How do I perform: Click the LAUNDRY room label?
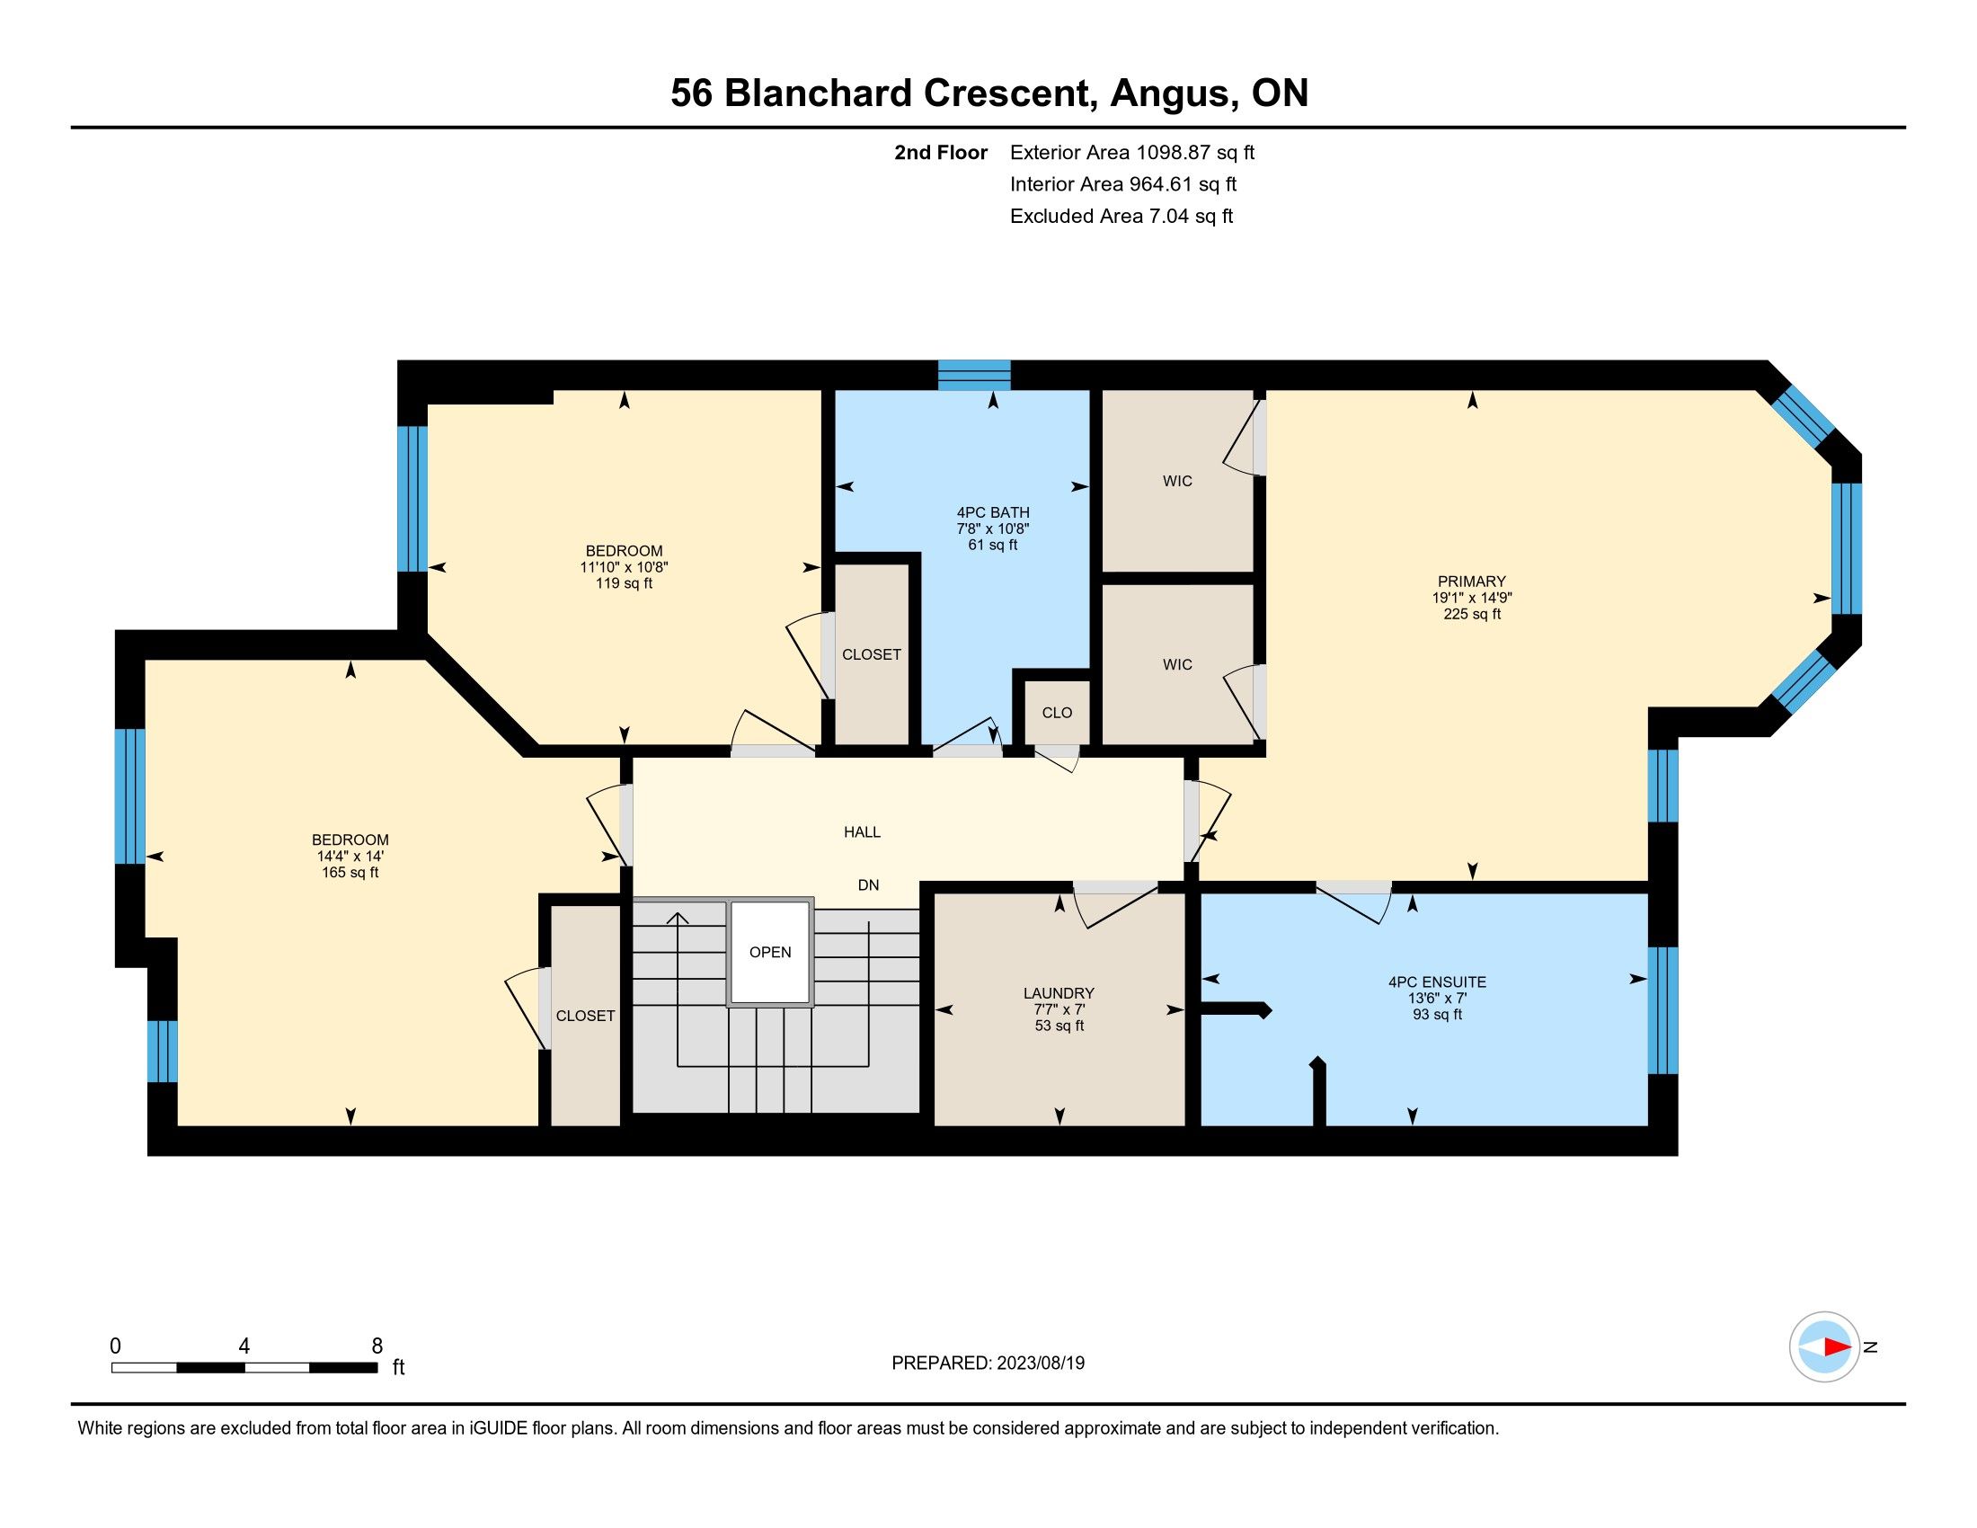click(1059, 993)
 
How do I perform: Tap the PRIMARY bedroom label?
click(1471, 582)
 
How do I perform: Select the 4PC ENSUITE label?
click(1438, 982)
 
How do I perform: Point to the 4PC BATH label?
click(993, 512)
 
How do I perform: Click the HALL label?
click(862, 832)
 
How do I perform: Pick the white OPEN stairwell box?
click(769, 952)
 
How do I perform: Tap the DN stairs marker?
click(868, 885)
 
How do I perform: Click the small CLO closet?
click(1057, 713)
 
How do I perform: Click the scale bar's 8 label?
click(377, 1346)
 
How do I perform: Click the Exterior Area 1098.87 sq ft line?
click(1132, 152)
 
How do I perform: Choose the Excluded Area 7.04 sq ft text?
click(1121, 216)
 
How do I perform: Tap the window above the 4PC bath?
click(974, 375)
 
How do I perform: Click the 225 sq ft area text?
click(1472, 614)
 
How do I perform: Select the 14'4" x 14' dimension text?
click(350, 856)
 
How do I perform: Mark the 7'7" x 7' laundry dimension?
click(1059, 1009)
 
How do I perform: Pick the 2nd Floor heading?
click(941, 152)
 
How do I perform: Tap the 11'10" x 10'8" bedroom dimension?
click(624, 566)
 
